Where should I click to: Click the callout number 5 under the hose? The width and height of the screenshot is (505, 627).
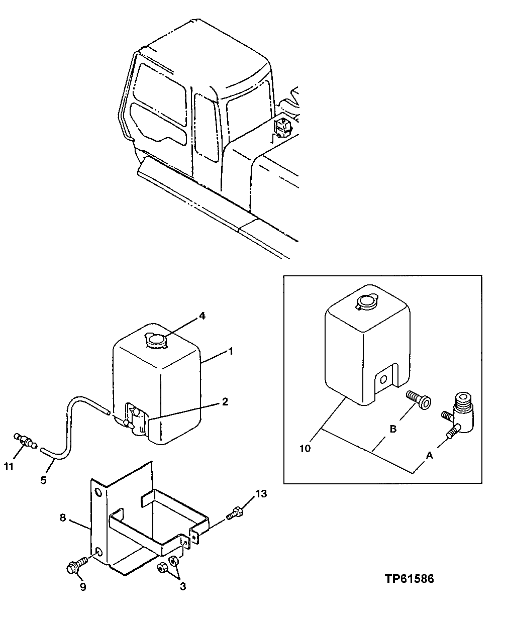point(43,480)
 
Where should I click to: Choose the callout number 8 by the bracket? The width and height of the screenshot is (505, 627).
point(63,517)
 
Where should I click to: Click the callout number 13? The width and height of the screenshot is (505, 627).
point(261,493)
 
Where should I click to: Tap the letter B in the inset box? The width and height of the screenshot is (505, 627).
point(393,429)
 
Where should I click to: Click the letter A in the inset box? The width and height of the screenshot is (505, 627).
point(429,455)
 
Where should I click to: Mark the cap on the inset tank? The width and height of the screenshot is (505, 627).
point(364,301)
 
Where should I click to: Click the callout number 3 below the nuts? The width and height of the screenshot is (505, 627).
point(183,586)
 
